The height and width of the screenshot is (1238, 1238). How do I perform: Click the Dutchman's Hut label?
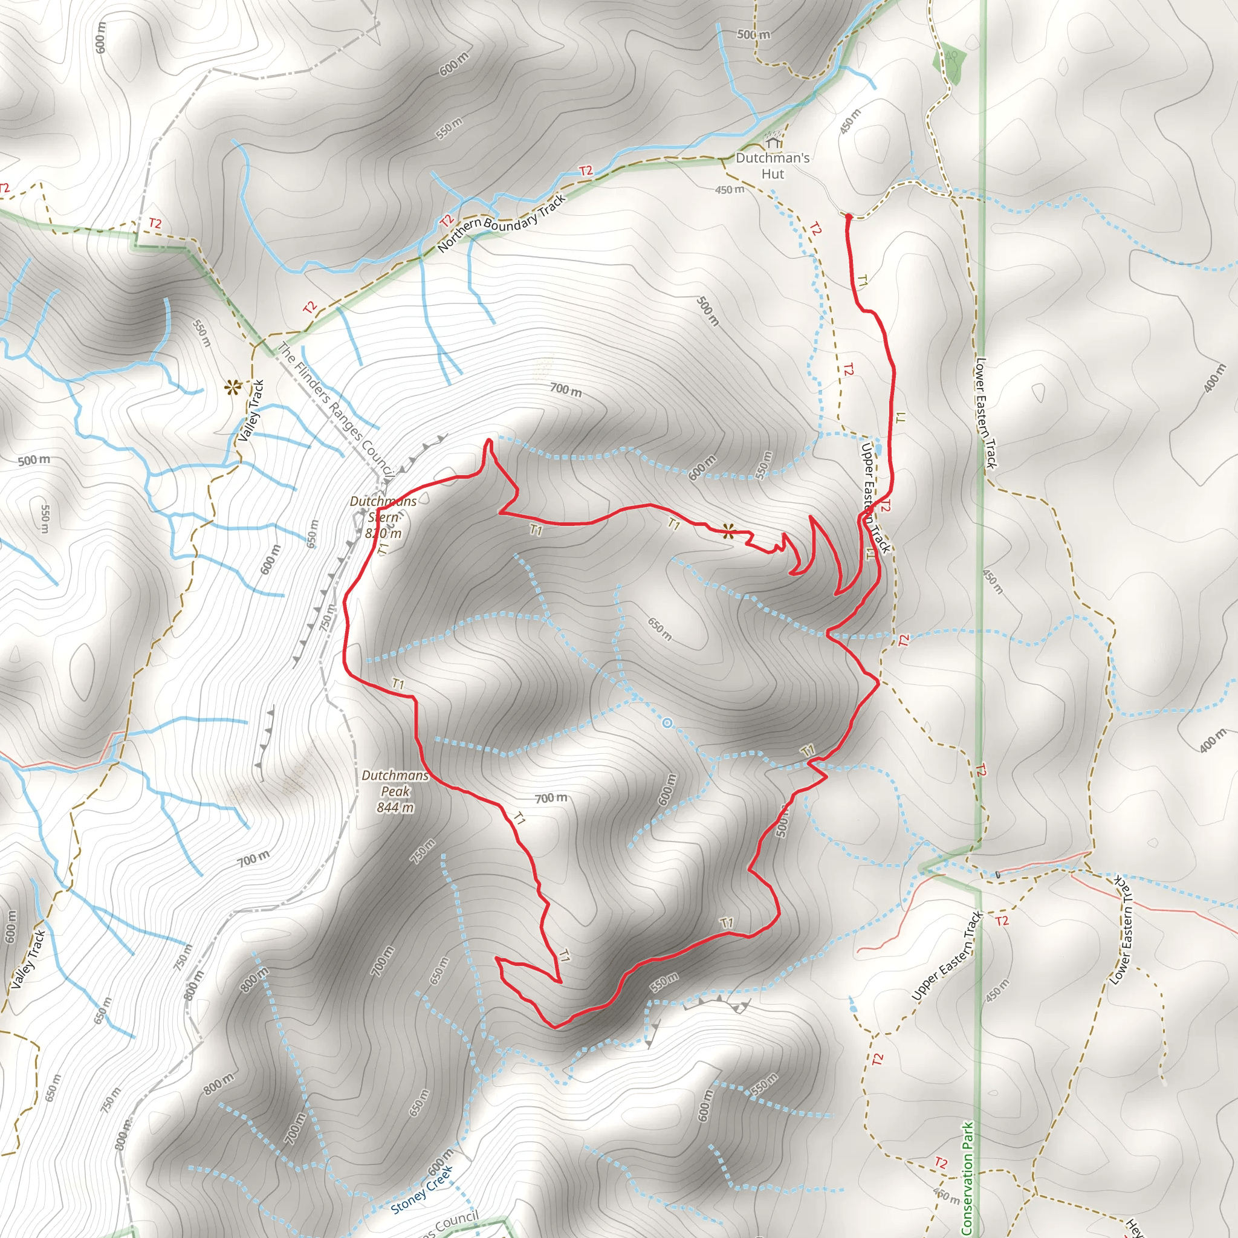772,165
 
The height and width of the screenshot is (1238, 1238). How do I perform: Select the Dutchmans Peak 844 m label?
395,791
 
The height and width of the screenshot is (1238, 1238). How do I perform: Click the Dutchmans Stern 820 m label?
383,517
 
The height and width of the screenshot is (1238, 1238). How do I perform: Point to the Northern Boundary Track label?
502,223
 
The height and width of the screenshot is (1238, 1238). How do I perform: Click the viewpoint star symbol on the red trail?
728,531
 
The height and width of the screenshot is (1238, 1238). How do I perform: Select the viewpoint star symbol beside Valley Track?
232,387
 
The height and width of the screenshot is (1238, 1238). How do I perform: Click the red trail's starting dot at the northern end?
848,217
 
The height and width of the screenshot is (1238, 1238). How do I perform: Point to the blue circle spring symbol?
667,723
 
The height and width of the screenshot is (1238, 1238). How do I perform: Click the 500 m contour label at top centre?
753,34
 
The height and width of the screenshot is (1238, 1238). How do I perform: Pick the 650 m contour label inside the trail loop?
660,629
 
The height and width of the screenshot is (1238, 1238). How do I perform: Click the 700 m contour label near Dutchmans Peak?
551,798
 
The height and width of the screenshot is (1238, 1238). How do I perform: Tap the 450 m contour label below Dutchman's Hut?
730,190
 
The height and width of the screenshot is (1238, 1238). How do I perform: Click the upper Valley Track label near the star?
251,410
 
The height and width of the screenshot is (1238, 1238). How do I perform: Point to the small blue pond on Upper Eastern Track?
878,449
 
